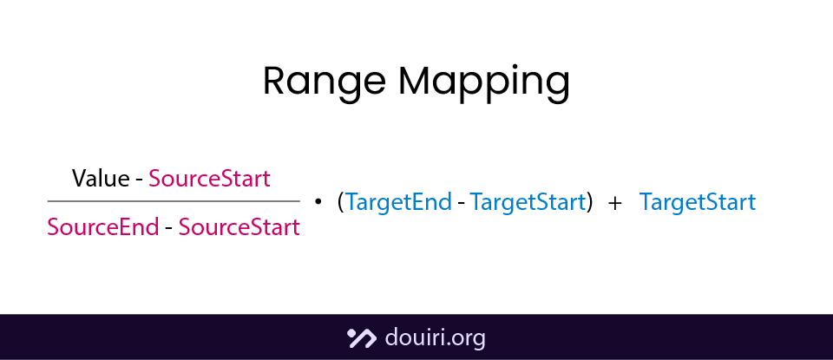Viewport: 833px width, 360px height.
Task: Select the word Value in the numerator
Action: tap(101, 179)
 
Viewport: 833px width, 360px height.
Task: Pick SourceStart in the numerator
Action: tap(210, 179)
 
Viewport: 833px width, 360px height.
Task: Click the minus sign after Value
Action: tap(139, 180)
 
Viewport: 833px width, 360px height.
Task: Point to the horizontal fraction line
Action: tap(174, 201)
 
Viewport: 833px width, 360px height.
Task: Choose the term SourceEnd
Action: tap(102, 227)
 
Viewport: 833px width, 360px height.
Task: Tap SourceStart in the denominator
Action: tap(239, 227)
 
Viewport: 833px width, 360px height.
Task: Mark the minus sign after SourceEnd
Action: tap(168, 228)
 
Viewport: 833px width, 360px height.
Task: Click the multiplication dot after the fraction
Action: tap(318, 201)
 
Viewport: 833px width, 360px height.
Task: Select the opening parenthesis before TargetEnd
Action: tap(340, 202)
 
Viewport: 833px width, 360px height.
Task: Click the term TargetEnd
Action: tap(398, 202)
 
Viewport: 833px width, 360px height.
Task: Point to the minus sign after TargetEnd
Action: tap(461, 203)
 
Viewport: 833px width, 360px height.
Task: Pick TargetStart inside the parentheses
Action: tap(528, 202)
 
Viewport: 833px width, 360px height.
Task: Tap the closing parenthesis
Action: tap(590, 202)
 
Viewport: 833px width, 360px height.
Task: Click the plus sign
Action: tap(615, 203)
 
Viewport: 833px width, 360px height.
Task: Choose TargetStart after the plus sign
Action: tap(698, 202)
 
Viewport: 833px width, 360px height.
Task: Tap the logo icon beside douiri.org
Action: tap(360, 337)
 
